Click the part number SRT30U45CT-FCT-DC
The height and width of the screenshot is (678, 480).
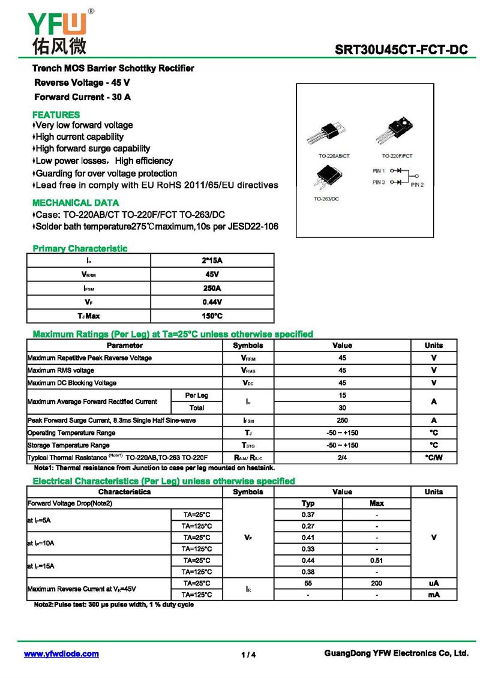pyautogui.click(x=401, y=50)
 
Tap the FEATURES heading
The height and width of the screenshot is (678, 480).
pyautogui.click(x=56, y=115)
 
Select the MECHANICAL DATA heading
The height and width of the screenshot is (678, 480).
pyautogui.click(x=76, y=203)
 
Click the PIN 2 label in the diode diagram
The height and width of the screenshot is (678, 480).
pyautogui.click(x=418, y=185)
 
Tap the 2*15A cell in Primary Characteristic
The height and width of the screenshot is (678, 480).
pyautogui.click(x=212, y=260)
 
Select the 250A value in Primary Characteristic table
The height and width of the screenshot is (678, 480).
pyautogui.click(x=212, y=288)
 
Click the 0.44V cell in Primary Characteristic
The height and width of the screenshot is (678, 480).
pyautogui.click(x=212, y=302)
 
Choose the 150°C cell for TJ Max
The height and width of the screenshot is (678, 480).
pyautogui.click(x=212, y=316)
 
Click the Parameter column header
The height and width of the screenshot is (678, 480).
pyautogui.click(x=124, y=345)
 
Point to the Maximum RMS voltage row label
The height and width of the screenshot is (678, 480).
pyautogui.click(x=61, y=370)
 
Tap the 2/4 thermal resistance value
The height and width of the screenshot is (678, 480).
pyautogui.click(x=342, y=458)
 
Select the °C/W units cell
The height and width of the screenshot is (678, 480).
pyautogui.click(x=433, y=458)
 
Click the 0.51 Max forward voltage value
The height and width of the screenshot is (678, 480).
pyautogui.click(x=377, y=560)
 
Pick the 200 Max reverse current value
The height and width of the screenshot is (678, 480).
pyautogui.click(x=377, y=583)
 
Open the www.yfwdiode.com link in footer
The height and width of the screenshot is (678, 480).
pyautogui.click(x=61, y=654)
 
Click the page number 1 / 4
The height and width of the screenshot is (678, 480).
pyautogui.click(x=248, y=655)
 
